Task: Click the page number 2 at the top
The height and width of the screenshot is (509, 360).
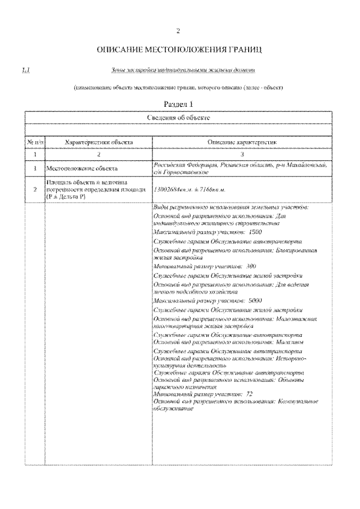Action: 178,30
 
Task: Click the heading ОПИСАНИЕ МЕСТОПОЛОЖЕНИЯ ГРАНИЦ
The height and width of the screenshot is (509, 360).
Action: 179,51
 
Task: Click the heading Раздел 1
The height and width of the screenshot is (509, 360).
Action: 178,103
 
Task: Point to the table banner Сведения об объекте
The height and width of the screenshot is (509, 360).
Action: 178,118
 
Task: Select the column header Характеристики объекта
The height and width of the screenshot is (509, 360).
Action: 91,143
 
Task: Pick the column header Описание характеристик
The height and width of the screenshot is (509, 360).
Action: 242,143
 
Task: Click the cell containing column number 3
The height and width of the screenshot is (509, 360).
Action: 242,154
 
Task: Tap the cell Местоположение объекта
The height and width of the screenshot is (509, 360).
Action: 82,168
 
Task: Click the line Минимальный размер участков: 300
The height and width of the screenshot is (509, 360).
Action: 205,266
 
